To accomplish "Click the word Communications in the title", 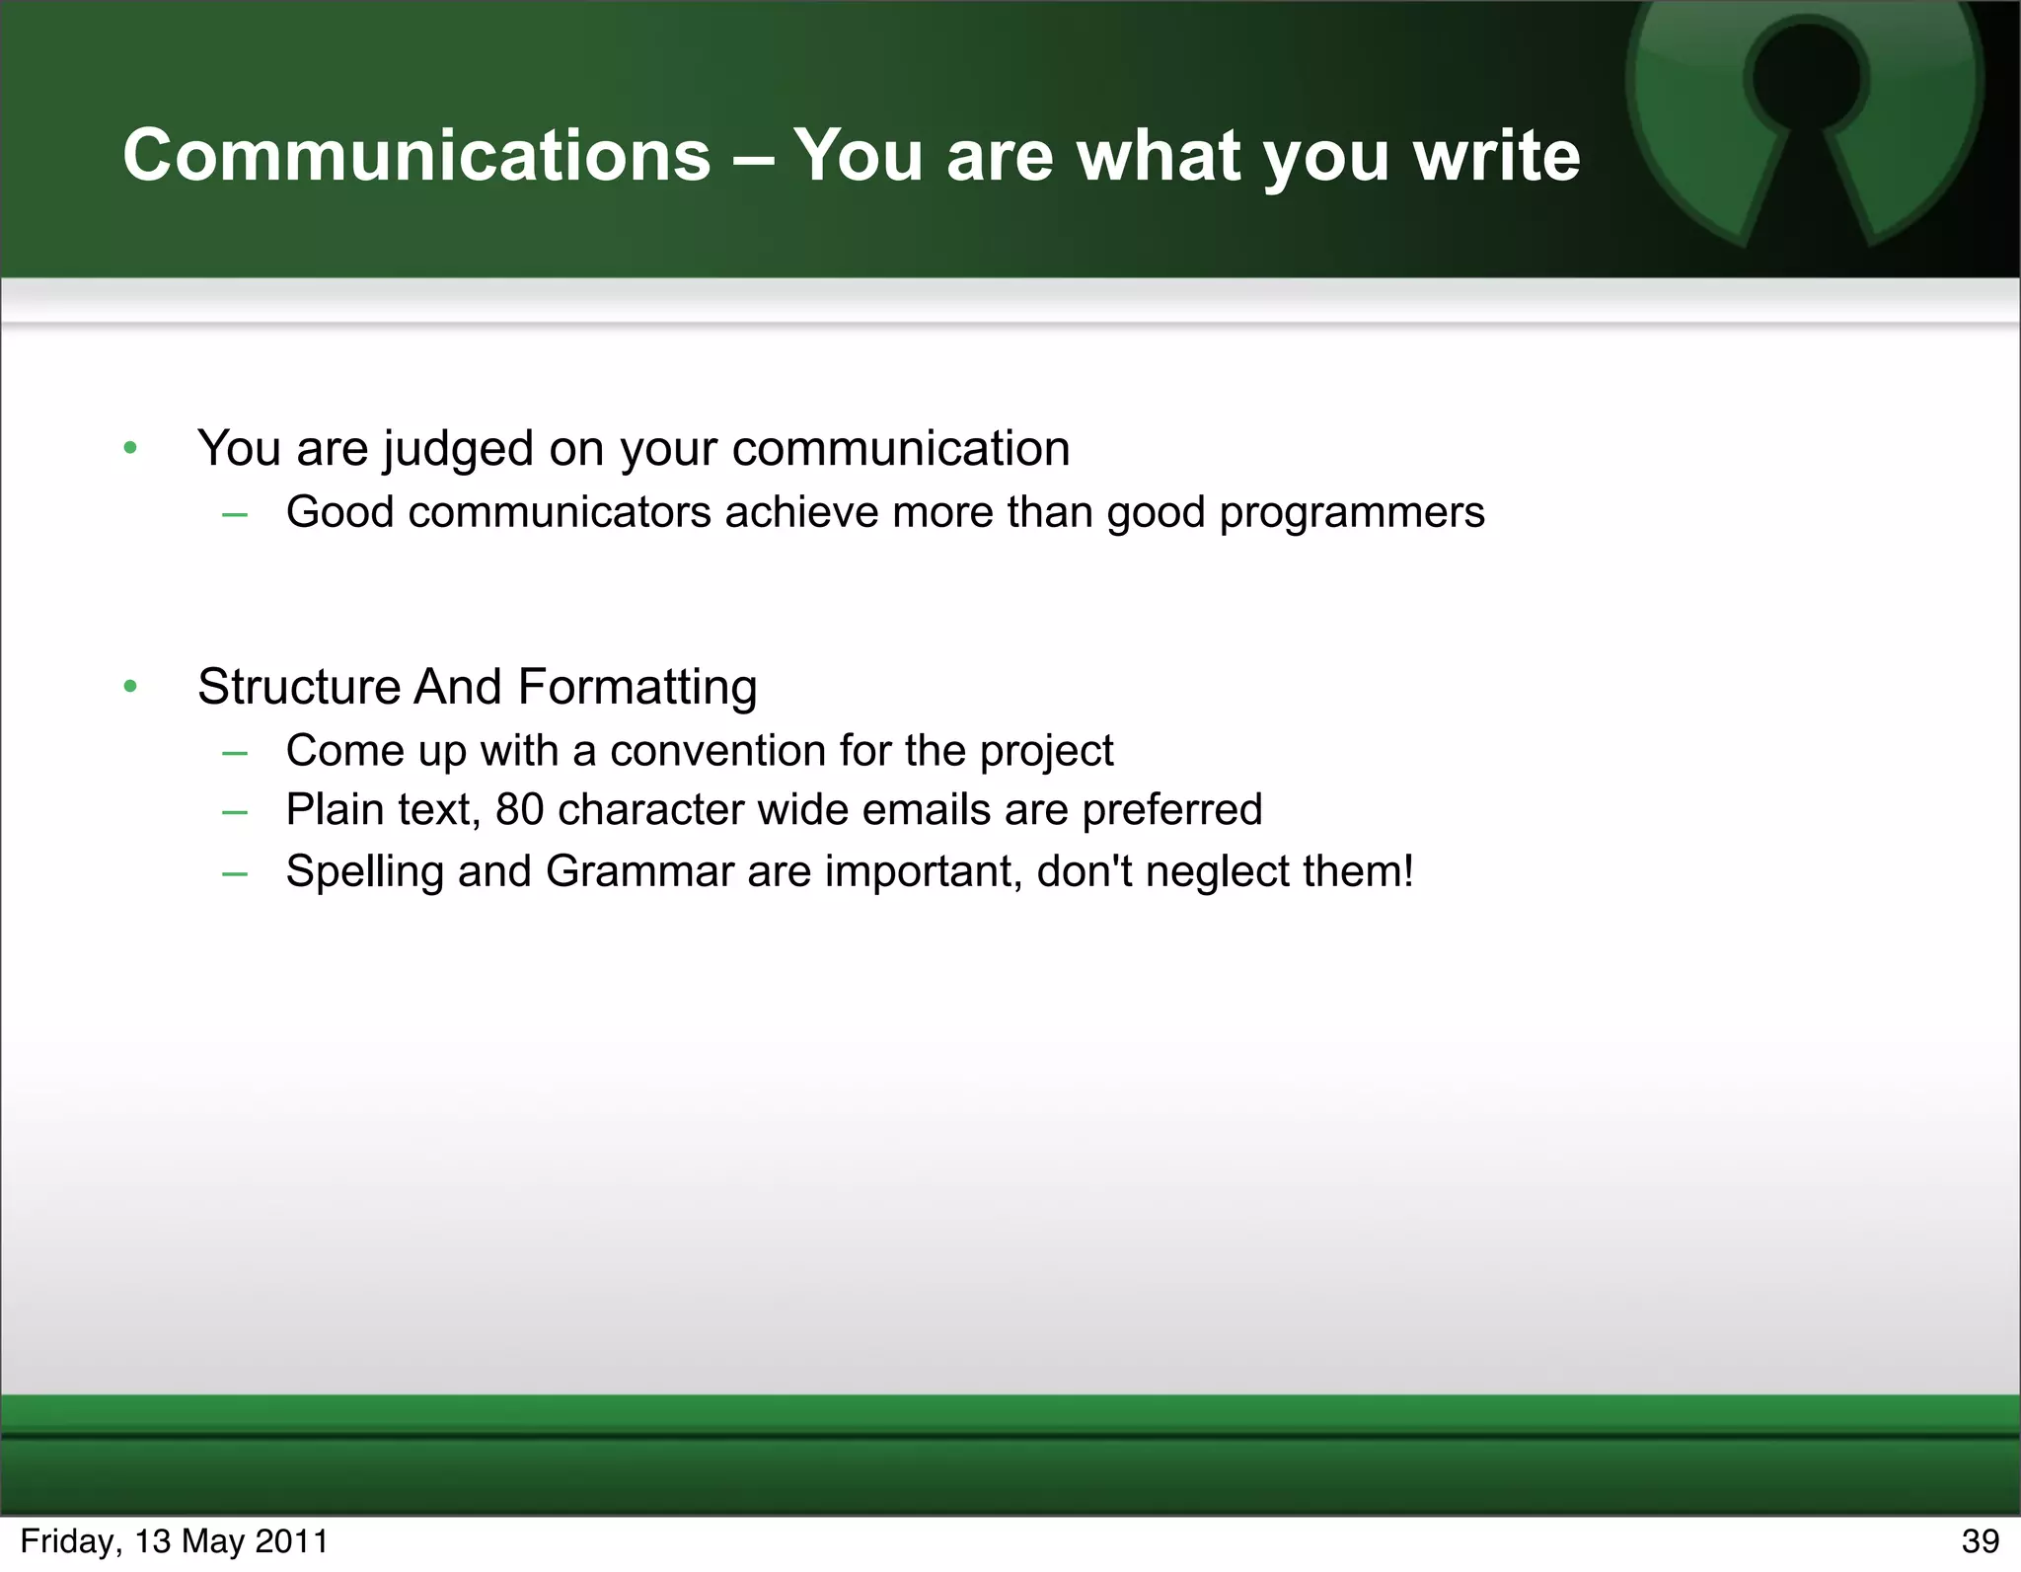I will (x=416, y=156).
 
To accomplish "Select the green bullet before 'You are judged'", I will (x=130, y=449).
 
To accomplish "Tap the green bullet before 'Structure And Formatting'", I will (x=130, y=687).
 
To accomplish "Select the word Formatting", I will (x=636, y=688).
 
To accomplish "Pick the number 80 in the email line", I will (x=519, y=810).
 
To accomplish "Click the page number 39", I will (x=1980, y=1541).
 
